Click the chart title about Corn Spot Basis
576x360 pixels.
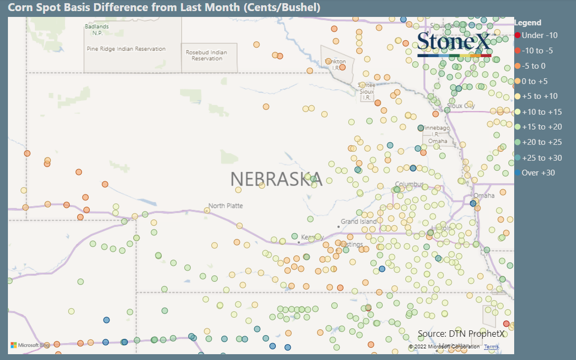164,8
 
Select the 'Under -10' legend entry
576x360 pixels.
539,35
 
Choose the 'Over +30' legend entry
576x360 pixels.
538,173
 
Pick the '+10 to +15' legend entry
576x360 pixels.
542,112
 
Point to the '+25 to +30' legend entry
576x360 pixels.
542,158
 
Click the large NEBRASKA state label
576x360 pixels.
276,179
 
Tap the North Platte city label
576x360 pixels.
225,206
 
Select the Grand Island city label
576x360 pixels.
359,221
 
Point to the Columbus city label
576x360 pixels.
410,184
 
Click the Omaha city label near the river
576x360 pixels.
484,196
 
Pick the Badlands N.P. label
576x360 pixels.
97,30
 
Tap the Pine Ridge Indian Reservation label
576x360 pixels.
126,49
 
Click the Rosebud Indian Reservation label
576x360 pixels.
207,56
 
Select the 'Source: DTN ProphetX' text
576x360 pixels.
461,334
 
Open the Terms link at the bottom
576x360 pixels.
491,347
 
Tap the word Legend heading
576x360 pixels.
527,23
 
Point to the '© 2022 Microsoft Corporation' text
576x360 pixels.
444,347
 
